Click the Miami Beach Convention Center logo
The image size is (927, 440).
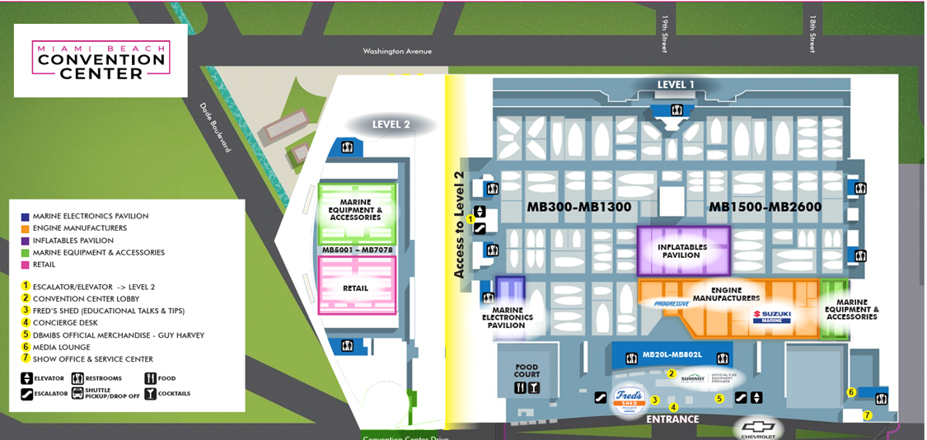click(x=101, y=60)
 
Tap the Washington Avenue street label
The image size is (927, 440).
click(x=397, y=51)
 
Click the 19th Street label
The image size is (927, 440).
click(x=664, y=33)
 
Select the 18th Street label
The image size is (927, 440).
click(x=812, y=33)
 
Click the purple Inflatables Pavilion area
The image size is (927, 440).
click(x=683, y=250)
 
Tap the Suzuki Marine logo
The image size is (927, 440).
click(x=771, y=316)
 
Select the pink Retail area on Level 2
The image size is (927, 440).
click(x=356, y=288)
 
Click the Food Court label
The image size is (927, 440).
click(x=527, y=371)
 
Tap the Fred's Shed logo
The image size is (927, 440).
click(x=629, y=399)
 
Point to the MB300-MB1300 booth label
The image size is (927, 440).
click(x=579, y=207)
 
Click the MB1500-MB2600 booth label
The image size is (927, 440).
click(x=765, y=207)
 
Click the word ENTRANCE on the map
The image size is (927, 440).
click(x=672, y=419)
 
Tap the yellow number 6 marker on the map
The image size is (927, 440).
click(x=851, y=392)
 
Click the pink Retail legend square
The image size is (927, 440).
click(x=26, y=264)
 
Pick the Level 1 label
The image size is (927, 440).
click(x=676, y=85)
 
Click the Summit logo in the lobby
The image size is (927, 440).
click(x=692, y=378)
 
